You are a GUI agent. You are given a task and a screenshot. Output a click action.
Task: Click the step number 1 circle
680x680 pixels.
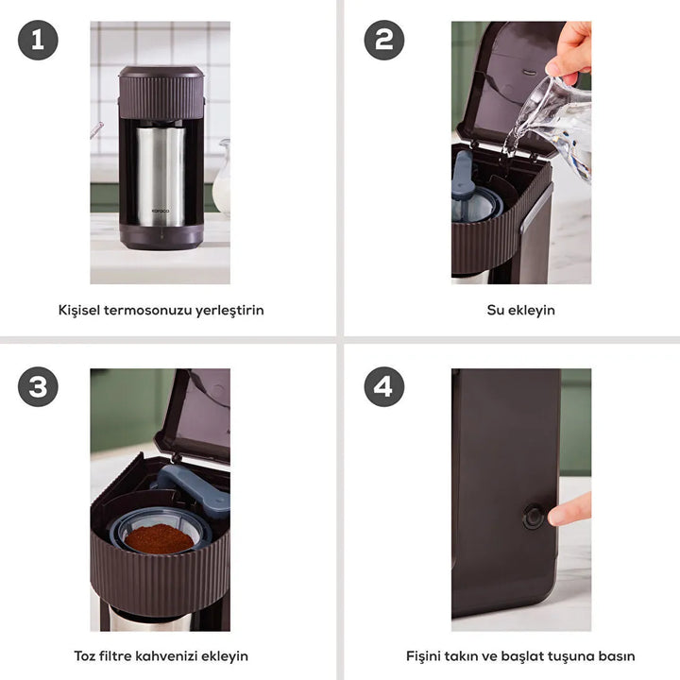(38, 41)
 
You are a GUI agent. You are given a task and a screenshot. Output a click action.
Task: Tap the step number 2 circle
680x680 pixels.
(384, 41)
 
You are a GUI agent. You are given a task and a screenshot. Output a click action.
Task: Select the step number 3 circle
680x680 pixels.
(38, 387)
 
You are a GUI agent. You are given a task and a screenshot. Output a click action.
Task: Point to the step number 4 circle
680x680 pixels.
(384, 387)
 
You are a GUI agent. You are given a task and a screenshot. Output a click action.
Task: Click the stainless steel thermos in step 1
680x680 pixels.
(161, 175)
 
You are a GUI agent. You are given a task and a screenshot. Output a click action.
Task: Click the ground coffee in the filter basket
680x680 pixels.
(159, 538)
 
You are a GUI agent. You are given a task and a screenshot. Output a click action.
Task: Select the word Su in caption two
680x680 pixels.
(497, 310)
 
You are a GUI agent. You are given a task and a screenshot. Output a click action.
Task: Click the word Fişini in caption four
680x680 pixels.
(426, 655)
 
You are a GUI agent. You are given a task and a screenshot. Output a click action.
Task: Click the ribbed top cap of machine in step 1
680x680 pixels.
(161, 92)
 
